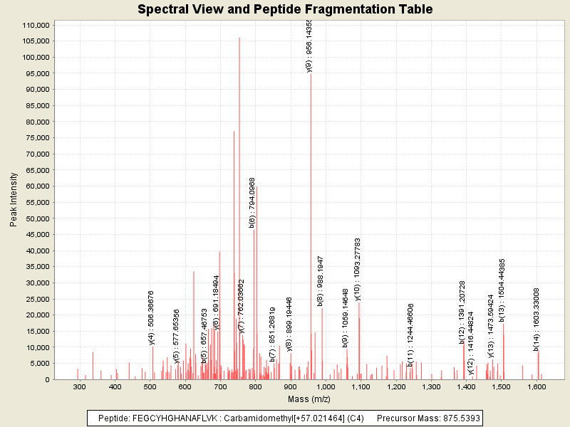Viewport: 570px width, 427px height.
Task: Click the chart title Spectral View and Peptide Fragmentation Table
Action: [285, 9]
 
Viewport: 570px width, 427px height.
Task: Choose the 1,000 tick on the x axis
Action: [325, 386]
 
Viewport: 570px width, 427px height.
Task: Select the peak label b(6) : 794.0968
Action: [252, 202]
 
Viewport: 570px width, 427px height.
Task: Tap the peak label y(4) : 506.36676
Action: [151, 317]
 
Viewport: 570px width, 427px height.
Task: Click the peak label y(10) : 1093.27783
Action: [357, 269]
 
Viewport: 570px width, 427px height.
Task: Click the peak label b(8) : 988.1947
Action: [321, 280]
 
